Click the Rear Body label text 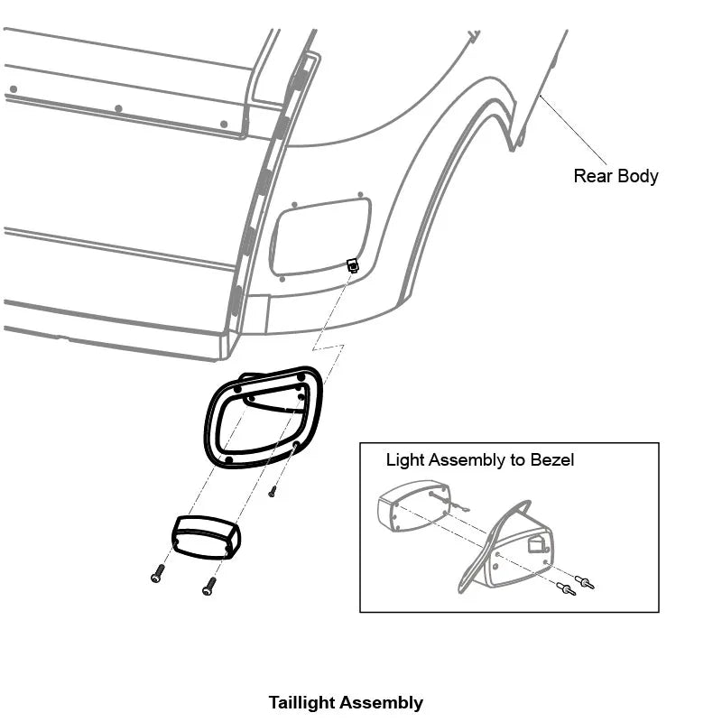616,176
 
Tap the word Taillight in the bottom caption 304,702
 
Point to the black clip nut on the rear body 353,265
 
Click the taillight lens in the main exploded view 205,535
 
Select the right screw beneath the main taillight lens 209,586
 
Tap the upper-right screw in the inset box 584,581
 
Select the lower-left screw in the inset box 565,589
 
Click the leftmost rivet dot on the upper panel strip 14,89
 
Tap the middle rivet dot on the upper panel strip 118,108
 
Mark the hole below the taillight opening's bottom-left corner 282,279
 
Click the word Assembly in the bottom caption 383,702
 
